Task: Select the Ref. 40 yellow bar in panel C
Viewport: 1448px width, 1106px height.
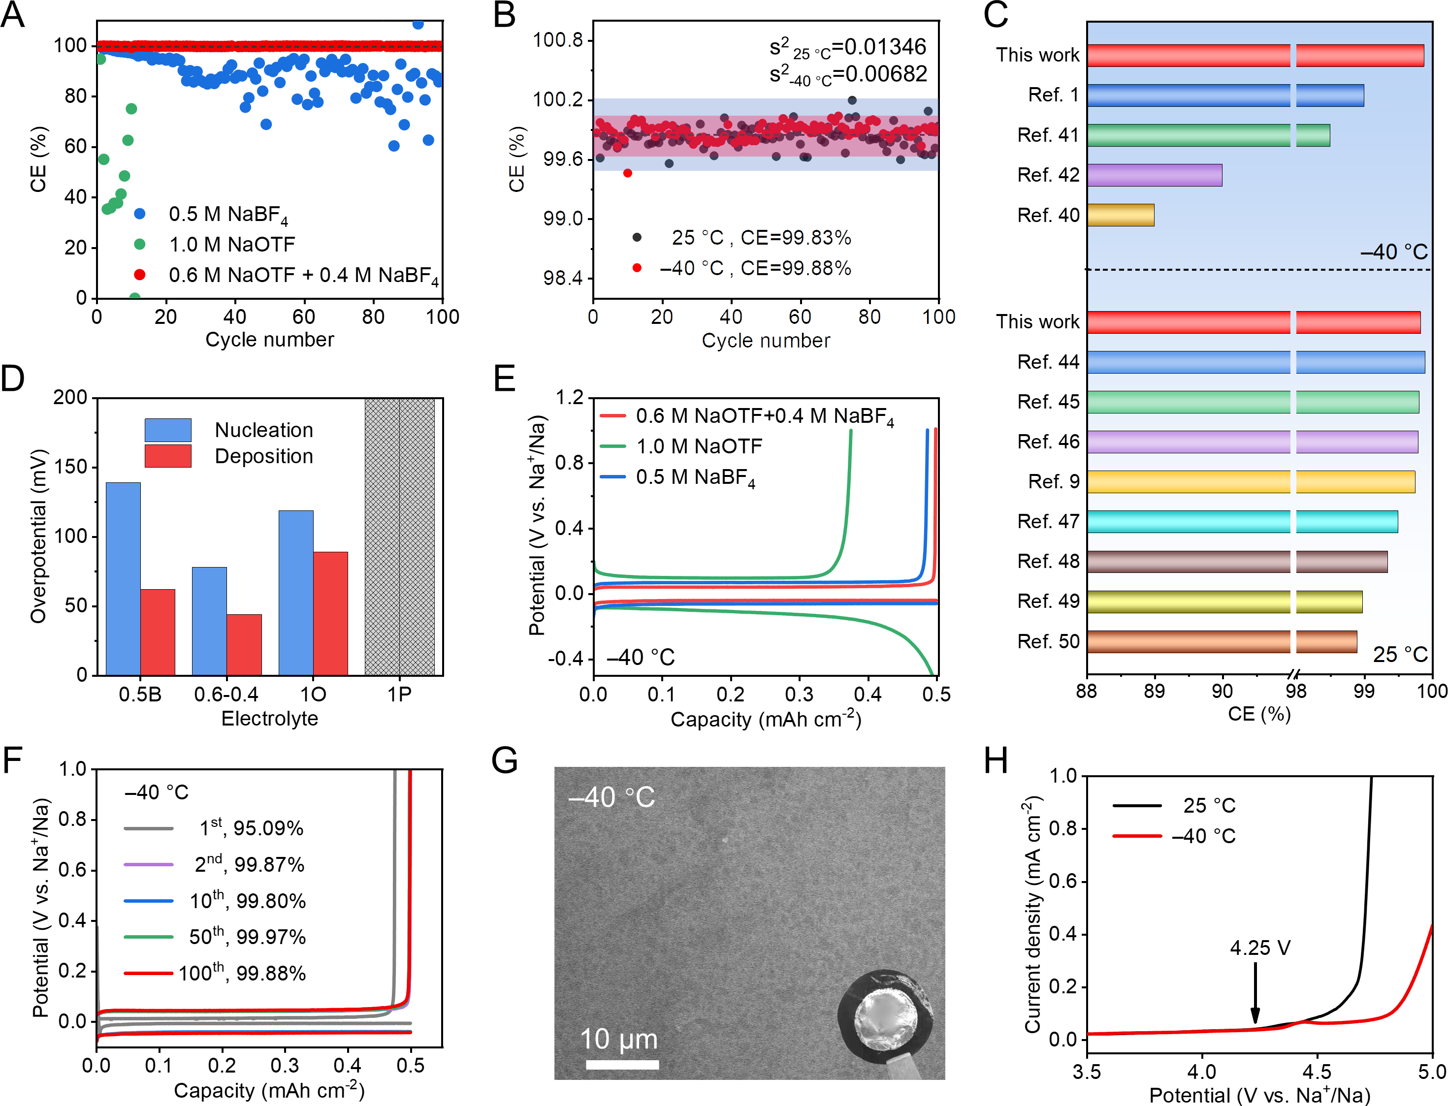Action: click(1120, 215)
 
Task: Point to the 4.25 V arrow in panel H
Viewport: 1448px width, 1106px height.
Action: click(1255, 993)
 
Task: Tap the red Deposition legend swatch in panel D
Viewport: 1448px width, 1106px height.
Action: click(168, 456)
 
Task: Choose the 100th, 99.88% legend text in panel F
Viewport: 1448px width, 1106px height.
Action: click(242, 973)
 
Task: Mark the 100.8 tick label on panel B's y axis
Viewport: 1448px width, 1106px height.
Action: click(558, 40)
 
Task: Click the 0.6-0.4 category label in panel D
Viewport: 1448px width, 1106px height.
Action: click(226, 695)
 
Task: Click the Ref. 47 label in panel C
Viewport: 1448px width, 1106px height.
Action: click(1048, 521)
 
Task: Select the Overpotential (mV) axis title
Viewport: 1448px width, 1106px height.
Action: click(39, 536)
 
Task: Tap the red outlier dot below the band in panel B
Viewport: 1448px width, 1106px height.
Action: click(627, 173)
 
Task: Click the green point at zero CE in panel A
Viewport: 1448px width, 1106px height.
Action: click(134, 298)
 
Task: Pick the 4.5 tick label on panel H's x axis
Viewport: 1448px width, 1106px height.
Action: click(1317, 1072)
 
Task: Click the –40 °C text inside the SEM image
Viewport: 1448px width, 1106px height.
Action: click(611, 797)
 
